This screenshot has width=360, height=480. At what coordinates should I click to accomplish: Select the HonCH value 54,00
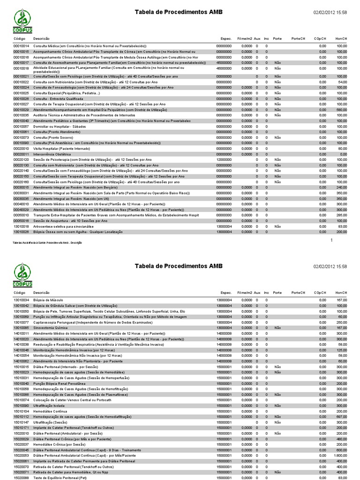342,82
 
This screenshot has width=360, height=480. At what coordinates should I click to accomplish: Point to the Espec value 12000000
224,160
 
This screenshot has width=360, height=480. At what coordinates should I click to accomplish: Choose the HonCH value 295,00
341,215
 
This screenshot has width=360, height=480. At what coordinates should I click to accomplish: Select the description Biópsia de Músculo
48,300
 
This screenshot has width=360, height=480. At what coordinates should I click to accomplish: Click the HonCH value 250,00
341,322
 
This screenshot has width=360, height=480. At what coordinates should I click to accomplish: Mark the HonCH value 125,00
341,350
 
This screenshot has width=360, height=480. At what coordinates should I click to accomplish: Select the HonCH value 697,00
341,416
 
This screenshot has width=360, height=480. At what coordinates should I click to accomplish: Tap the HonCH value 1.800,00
340,455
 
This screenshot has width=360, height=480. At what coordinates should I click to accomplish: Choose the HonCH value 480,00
341,439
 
